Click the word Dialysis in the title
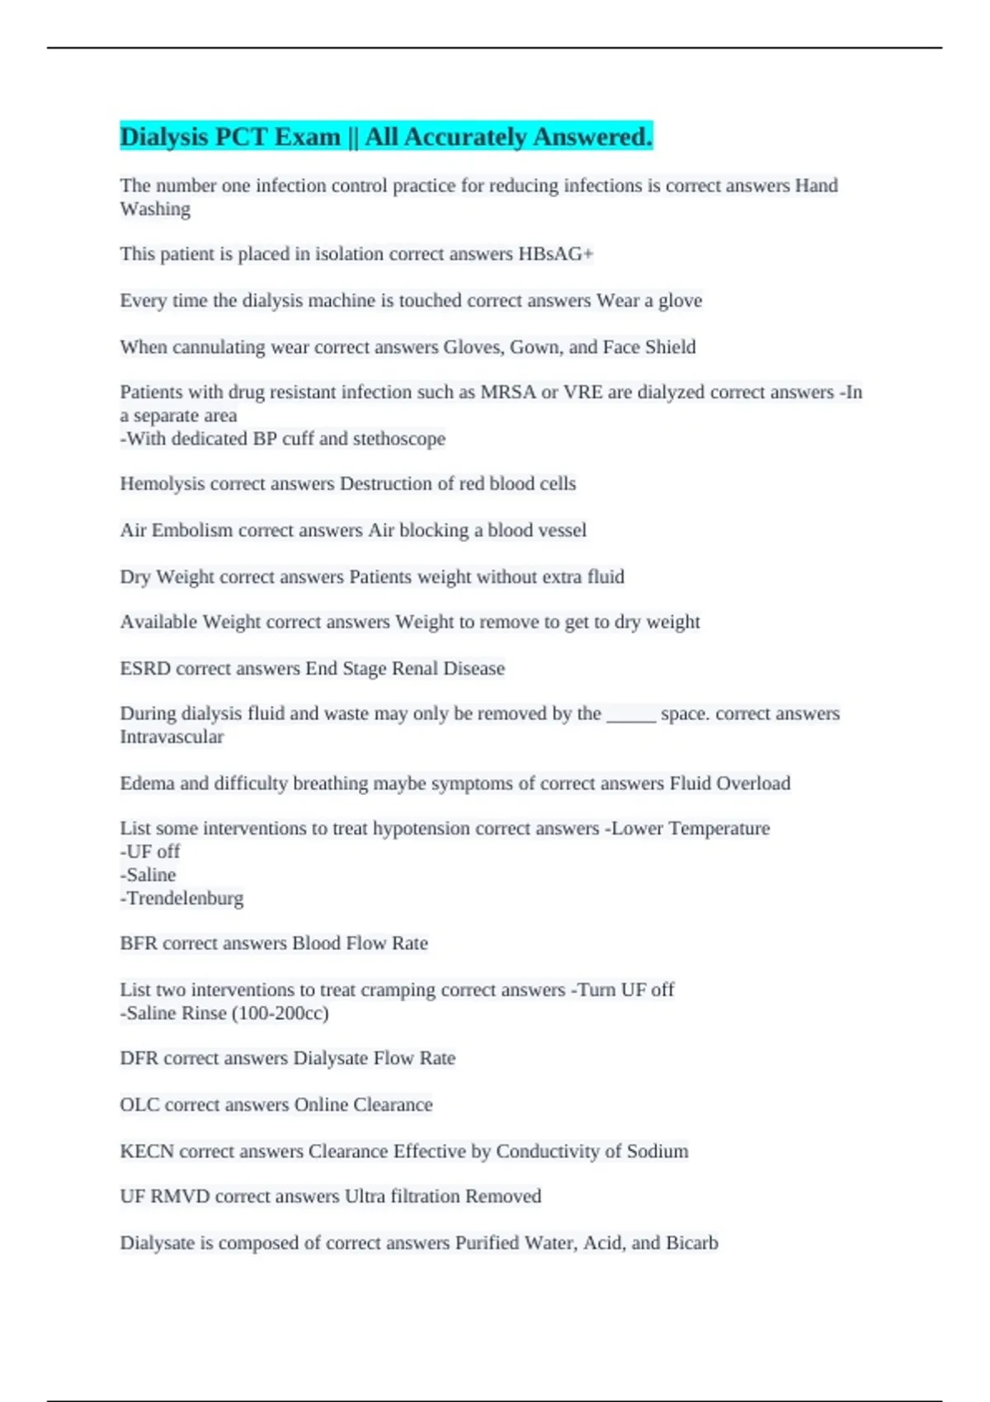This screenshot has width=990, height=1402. (x=163, y=137)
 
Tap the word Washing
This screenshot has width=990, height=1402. (x=155, y=209)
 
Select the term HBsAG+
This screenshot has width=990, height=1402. (x=555, y=254)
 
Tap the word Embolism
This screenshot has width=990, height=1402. (x=192, y=530)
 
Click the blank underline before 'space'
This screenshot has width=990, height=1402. (x=631, y=714)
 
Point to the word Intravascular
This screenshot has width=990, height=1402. (x=172, y=737)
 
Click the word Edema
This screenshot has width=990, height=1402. (x=148, y=783)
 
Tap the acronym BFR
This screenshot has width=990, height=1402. (x=139, y=943)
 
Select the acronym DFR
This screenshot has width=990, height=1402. (x=139, y=1059)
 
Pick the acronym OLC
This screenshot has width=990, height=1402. (x=139, y=1105)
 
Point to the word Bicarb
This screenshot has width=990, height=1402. (x=691, y=1243)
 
